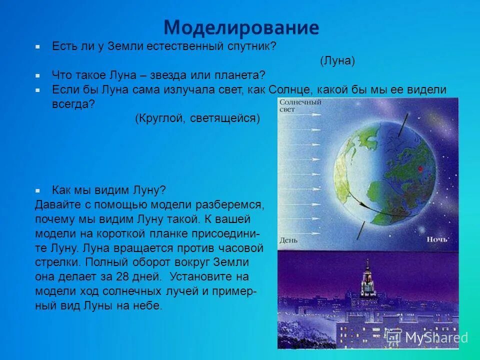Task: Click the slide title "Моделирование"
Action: click(x=241, y=27)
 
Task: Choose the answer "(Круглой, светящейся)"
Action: click(x=197, y=118)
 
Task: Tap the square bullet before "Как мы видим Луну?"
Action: click(x=37, y=191)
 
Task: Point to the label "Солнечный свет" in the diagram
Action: click(x=293, y=106)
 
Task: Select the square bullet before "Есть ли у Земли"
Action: click(x=37, y=46)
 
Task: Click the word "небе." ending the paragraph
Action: click(x=147, y=306)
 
